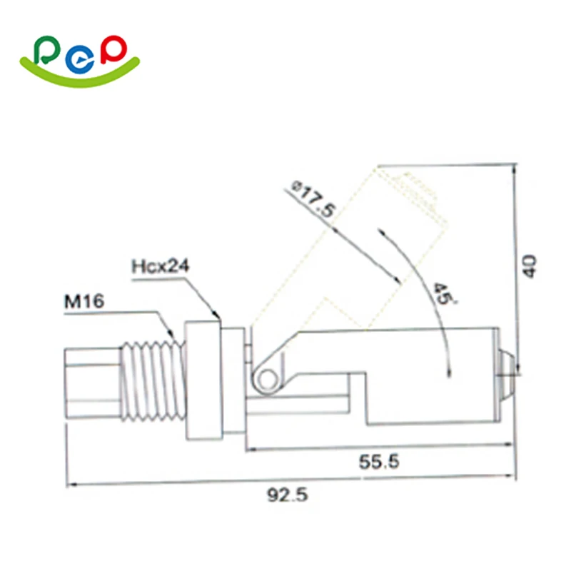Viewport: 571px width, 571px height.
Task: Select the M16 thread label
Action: [x=84, y=301]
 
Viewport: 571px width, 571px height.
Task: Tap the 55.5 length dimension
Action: [x=378, y=463]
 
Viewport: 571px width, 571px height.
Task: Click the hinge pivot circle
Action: [x=266, y=379]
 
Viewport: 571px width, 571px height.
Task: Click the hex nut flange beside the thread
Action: [x=203, y=382]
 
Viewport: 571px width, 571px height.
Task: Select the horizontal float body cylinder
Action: [x=428, y=378]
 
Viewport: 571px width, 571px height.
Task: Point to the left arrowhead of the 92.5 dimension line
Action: [x=69, y=486]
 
